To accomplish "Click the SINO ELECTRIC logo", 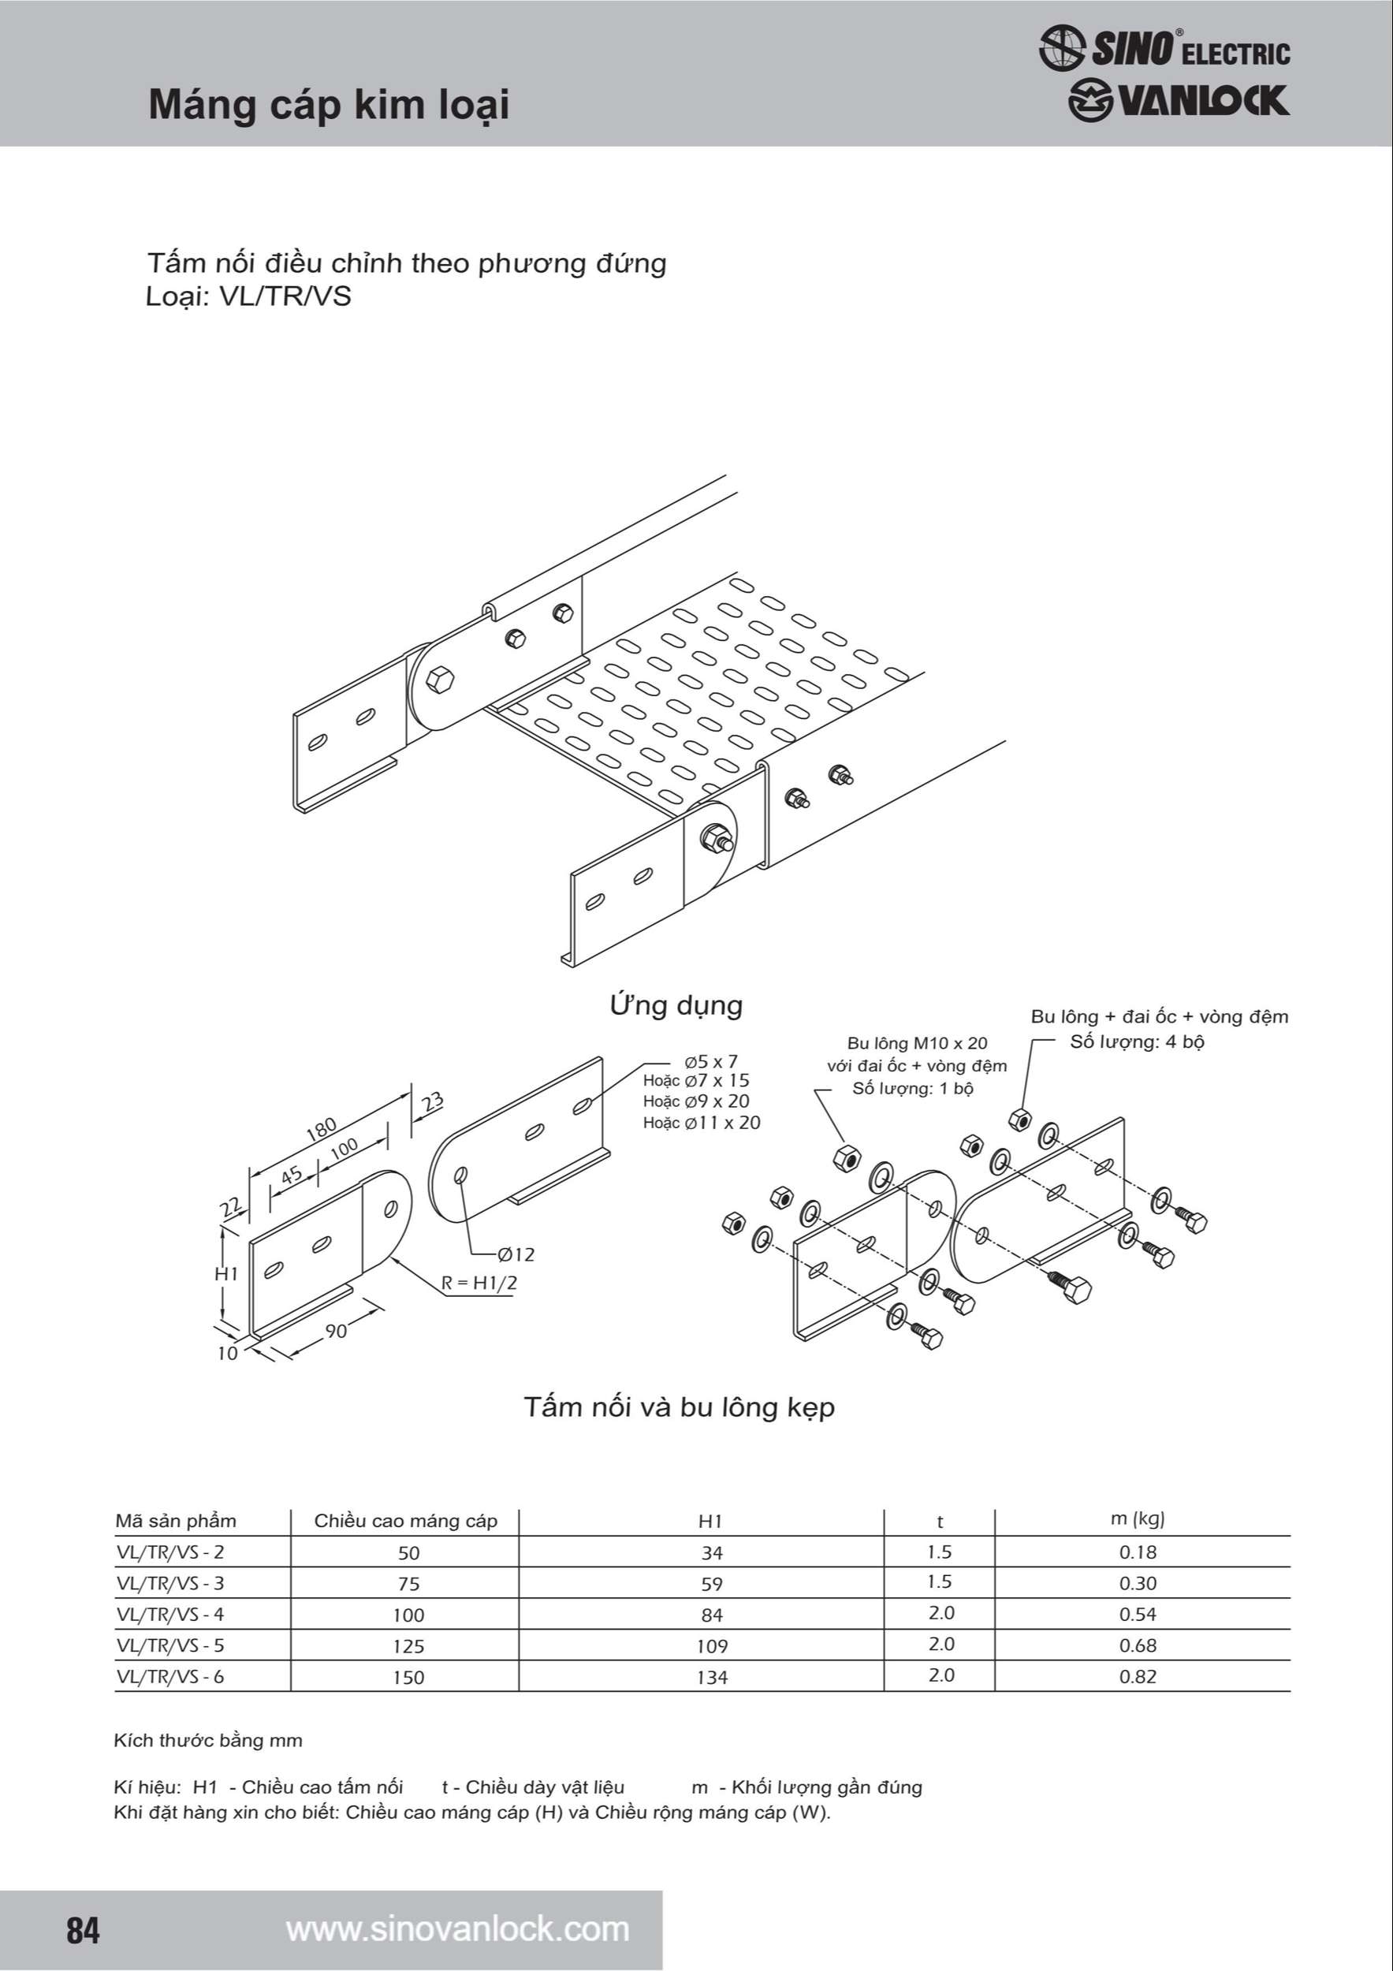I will click(x=1164, y=48).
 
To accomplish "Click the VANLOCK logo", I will click(x=1178, y=101).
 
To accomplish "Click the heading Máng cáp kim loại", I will click(x=329, y=106).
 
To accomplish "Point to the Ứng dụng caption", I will click(x=676, y=1005).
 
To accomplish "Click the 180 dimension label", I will click(x=322, y=1129).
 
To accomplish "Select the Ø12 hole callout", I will click(x=516, y=1254).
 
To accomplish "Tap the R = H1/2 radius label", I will click(x=479, y=1284).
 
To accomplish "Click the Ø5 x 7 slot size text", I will click(x=710, y=1061).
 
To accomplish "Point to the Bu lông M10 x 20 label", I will click(x=917, y=1043).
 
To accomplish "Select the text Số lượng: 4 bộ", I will click(x=1138, y=1042).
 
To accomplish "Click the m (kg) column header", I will click(x=1138, y=1518).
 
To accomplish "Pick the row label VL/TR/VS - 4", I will click(x=170, y=1615).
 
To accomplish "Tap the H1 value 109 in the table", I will click(x=712, y=1646).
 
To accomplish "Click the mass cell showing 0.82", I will click(x=1138, y=1677).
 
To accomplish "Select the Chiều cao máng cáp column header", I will click(x=405, y=1521).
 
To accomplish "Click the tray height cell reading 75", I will click(x=408, y=1584).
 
